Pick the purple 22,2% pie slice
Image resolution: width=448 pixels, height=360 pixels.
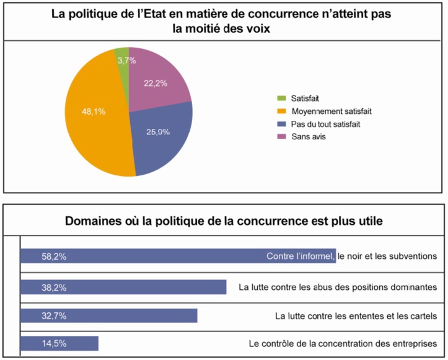(158, 81)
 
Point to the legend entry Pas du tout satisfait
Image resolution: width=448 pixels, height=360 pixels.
(325, 124)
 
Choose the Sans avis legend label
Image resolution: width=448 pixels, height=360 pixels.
(308, 137)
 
